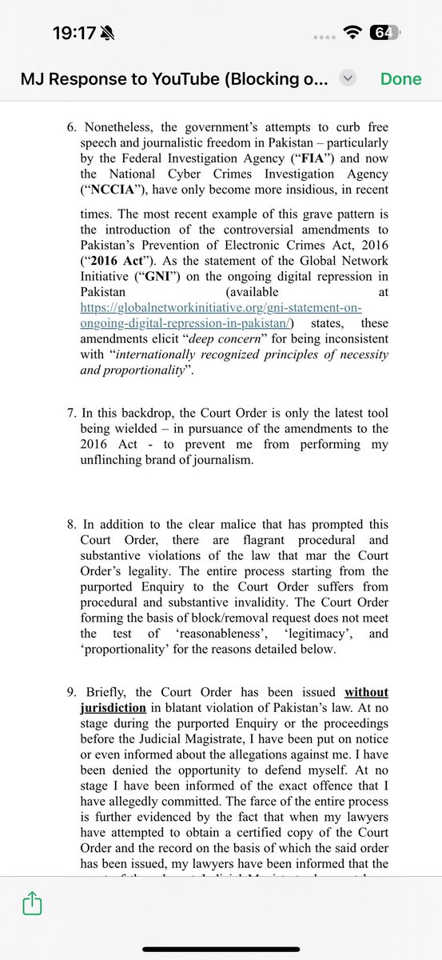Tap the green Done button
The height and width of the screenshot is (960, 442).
(x=400, y=78)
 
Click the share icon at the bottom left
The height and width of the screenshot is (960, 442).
(x=32, y=904)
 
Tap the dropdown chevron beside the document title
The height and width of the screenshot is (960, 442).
(x=347, y=78)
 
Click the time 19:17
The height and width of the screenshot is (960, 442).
(x=74, y=34)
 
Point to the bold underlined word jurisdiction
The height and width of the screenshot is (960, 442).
(x=113, y=707)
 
